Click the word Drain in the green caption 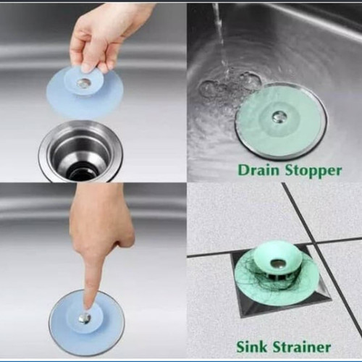pyautogui.click(x=258, y=170)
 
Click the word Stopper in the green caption pyautogui.click(x=313, y=172)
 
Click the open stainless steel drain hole pyautogui.click(x=80, y=152)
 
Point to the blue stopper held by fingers pyautogui.click(x=85, y=90)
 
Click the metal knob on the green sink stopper pyautogui.click(x=278, y=117)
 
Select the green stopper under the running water pyautogui.click(x=281, y=120)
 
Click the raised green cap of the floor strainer pyautogui.click(x=276, y=261)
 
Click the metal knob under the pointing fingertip pyautogui.click(x=85, y=318)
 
